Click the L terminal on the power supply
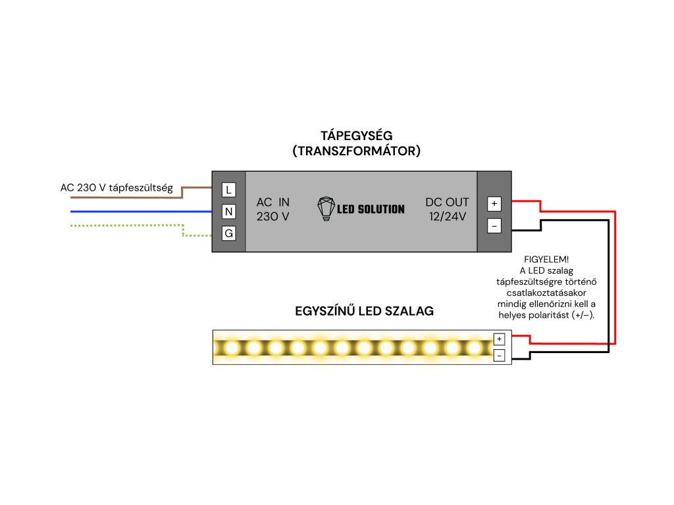coord(228,190)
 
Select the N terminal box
coord(228,212)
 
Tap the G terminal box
coord(228,233)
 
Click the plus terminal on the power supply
coord(494,203)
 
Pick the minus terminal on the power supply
coord(494,226)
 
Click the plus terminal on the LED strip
coord(500,339)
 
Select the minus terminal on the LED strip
coord(500,356)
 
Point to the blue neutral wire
coord(145,212)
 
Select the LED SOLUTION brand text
coord(371,209)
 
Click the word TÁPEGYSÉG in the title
coord(356,135)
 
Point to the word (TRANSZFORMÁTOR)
coord(356,151)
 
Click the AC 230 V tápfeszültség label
coord(117,188)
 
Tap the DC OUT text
coord(448,202)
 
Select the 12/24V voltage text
coord(448,216)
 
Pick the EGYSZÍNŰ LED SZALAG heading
coord(364,311)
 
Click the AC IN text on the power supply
coord(272,202)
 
